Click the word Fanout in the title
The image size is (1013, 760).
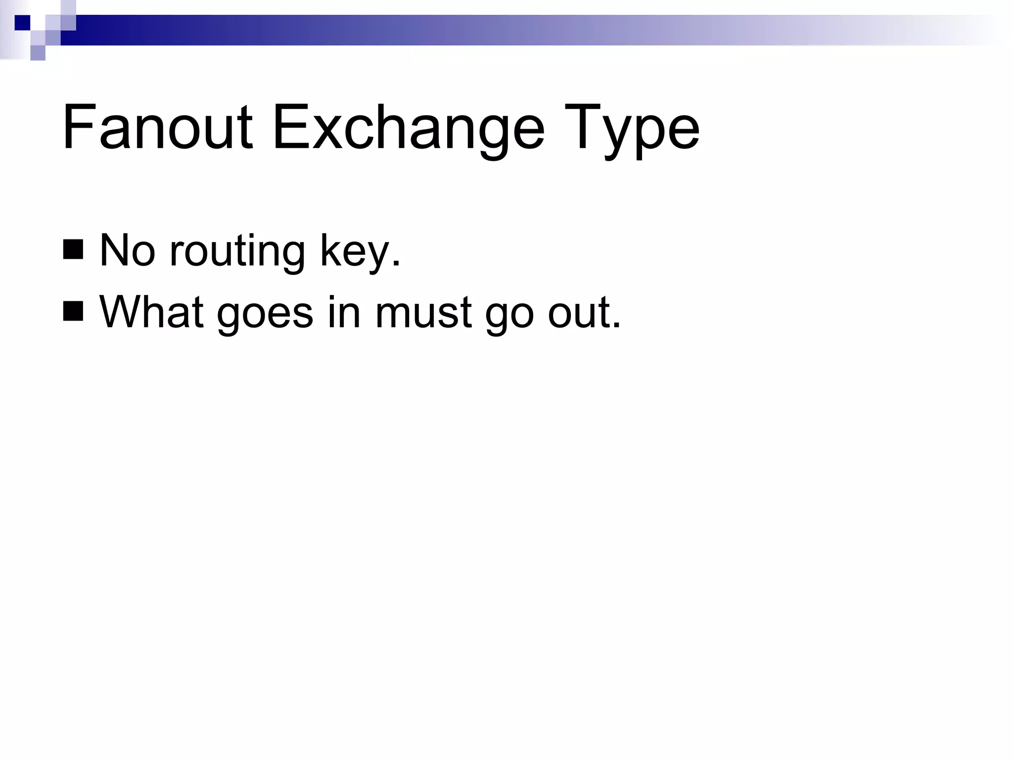tap(157, 128)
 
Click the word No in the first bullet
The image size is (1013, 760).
tap(128, 250)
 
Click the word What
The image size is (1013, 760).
tap(151, 312)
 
